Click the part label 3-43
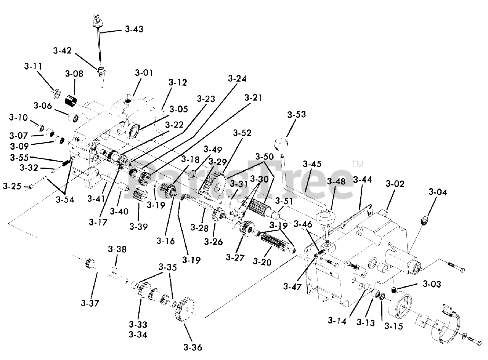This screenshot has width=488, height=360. [x=134, y=29]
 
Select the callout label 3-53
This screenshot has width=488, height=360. [x=296, y=114]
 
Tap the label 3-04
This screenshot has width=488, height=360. [x=438, y=192]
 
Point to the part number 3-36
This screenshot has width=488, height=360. [x=193, y=347]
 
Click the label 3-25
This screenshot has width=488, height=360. [x=12, y=186]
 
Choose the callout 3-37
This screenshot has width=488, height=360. [x=90, y=303]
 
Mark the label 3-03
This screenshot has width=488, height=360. [x=432, y=284]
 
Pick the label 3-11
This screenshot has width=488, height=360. [x=33, y=66]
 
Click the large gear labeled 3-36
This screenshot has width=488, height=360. [x=185, y=308]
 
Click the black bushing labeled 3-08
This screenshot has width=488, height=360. [x=71, y=101]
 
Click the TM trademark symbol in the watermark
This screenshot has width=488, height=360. [x=358, y=164]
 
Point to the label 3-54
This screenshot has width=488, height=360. [x=65, y=200]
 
